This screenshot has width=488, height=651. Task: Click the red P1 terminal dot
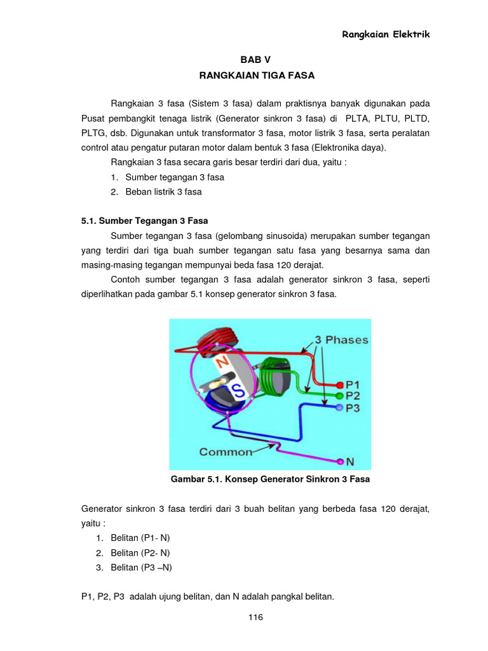[340, 384]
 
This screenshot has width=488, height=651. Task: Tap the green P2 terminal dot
[340, 395]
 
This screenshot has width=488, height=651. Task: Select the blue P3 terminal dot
[340, 407]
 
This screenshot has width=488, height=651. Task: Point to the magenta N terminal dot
[341, 461]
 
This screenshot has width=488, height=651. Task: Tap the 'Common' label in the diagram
[226, 452]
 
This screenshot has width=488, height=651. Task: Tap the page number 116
[255, 617]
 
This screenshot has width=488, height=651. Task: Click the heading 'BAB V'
[256, 58]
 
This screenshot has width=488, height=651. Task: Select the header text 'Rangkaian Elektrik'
[386, 34]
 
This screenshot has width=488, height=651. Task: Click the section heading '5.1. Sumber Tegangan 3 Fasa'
[145, 221]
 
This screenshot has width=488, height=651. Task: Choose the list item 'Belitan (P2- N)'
[140, 552]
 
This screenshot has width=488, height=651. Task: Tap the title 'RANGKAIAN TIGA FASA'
[256, 75]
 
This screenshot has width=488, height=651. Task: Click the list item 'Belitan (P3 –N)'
[141, 567]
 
